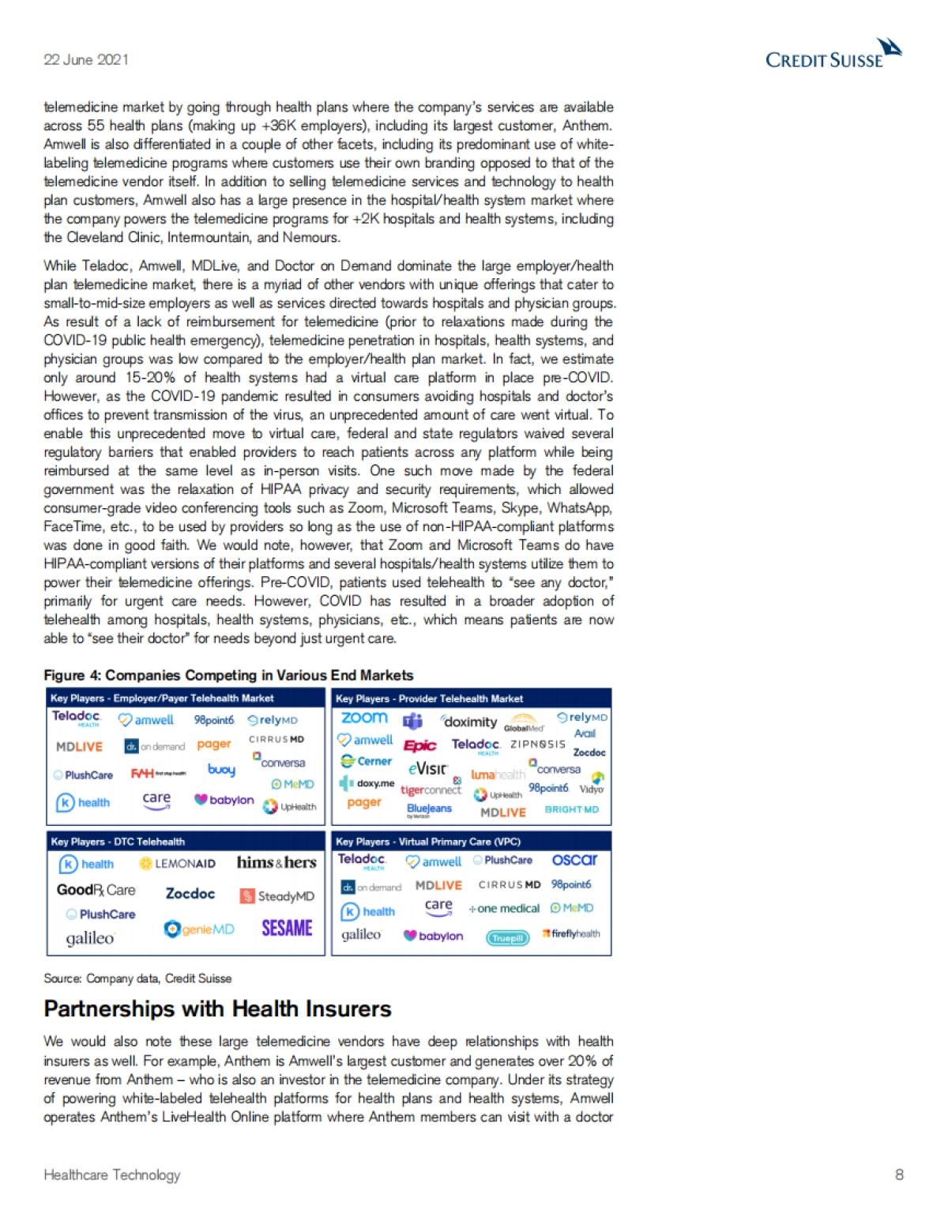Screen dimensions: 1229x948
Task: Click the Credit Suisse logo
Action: [833, 55]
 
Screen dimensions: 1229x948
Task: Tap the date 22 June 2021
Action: [86, 60]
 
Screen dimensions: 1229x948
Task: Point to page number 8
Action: [899, 1174]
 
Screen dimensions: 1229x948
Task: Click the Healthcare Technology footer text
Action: [112, 1175]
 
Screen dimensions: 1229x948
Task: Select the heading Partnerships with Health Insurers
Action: [217, 1009]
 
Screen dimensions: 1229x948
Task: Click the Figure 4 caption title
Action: [228, 675]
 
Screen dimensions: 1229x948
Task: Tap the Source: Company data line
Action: [137, 978]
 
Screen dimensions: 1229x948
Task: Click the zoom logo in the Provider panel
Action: [364, 718]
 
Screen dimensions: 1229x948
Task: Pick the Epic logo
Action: [420, 745]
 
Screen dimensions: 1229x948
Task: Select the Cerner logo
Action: [367, 761]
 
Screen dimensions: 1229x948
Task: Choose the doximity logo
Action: [469, 722]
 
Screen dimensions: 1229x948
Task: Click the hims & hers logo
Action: [276, 862]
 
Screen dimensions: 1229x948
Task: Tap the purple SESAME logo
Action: [287, 928]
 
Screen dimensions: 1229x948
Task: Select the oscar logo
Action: [574, 860]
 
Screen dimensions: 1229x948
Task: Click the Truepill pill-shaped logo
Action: [507, 938]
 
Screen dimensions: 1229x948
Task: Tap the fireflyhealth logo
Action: [571, 934]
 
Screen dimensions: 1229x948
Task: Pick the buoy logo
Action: [221, 769]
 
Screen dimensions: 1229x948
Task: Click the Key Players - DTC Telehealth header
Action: [118, 842]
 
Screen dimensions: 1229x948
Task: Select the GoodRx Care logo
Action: [96, 890]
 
